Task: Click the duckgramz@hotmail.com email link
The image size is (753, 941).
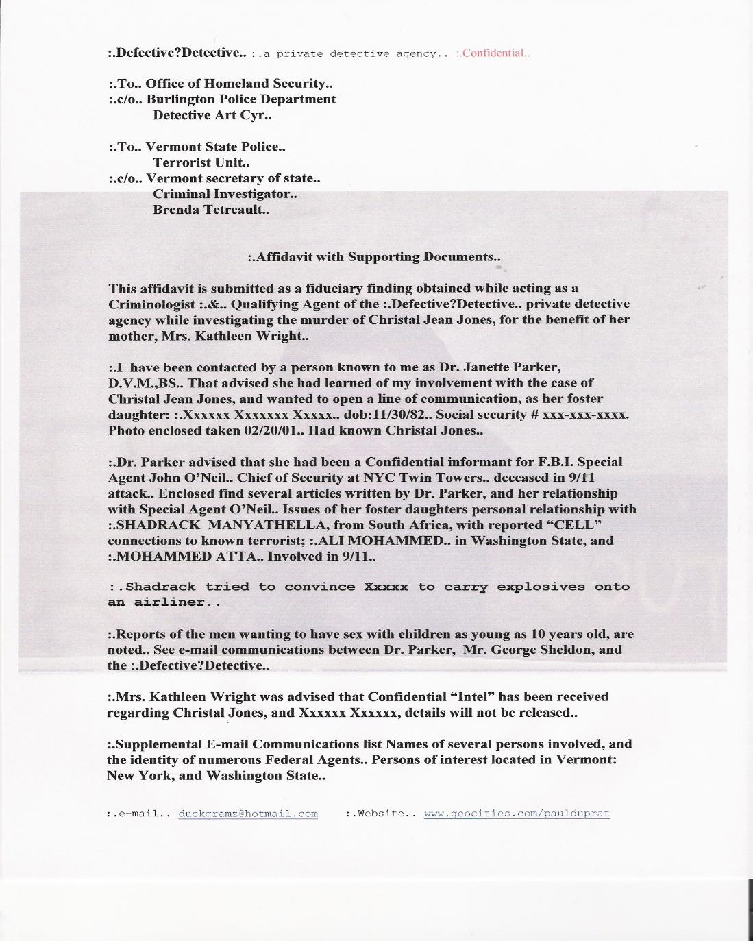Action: (x=248, y=814)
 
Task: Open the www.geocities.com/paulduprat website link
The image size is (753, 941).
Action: (x=517, y=814)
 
